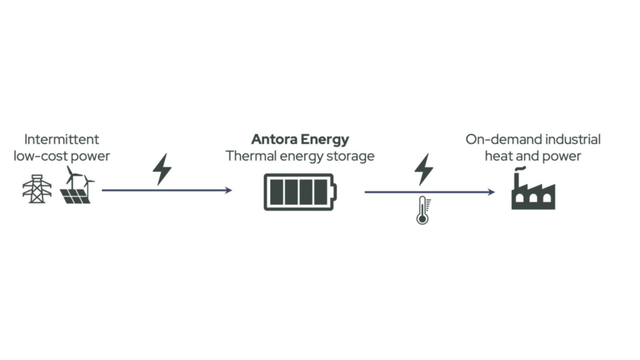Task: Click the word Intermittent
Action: pyautogui.click(x=62, y=139)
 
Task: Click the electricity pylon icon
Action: pyautogui.click(x=37, y=189)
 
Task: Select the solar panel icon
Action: pyautogui.click(x=75, y=195)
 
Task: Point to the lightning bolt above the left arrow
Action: pyautogui.click(x=162, y=169)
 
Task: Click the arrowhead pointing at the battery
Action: pyautogui.click(x=229, y=190)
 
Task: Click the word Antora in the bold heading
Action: pyautogui.click(x=274, y=139)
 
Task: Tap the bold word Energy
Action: pyautogui.click(x=325, y=140)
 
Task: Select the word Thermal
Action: pyautogui.click(x=251, y=156)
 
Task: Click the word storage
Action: pyautogui.click(x=350, y=156)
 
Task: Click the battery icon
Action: pyautogui.click(x=300, y=192)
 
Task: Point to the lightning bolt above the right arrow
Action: pyautogui.click(x=423, y=169)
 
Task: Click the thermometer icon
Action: pyautogui.click(x=422, y=210)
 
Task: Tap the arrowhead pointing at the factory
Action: pyautogui.click(x=492, y=192)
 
